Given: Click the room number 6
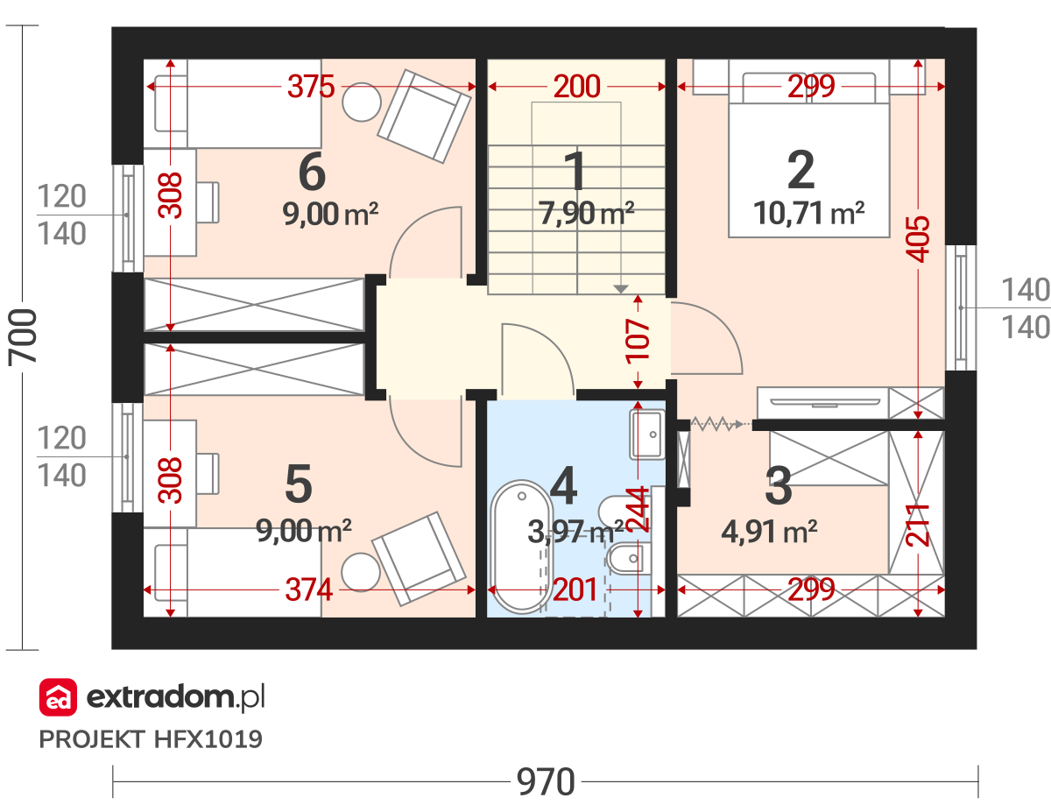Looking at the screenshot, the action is tap(312, 172).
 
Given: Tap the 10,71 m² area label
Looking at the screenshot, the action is tap(808, 213).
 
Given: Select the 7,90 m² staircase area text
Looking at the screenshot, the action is tap(586, 213).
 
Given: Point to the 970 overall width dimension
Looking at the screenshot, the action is tap(546, 782).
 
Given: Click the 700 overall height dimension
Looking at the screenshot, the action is tap(22, 337).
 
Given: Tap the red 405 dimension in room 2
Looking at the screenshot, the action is tap(918, 239).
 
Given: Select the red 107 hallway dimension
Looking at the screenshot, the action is tap(638, 342).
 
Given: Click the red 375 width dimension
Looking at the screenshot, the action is tap(311, 87).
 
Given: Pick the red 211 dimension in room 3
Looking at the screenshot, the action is tap(918, 526).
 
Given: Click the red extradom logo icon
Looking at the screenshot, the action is tap(58, 697).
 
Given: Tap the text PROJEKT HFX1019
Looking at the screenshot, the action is tap(151, 739).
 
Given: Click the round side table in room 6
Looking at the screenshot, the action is tap(362, 102).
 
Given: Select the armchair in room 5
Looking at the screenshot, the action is tap(419, 559).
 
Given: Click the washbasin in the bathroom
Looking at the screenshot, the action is tap(647, 434).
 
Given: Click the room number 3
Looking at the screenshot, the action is tap(779, 486).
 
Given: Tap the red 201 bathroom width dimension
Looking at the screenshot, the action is tap(575, 590).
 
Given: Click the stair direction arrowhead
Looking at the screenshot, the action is tap(621, 289).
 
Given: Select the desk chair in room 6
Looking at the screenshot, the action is tap(208, 202).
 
